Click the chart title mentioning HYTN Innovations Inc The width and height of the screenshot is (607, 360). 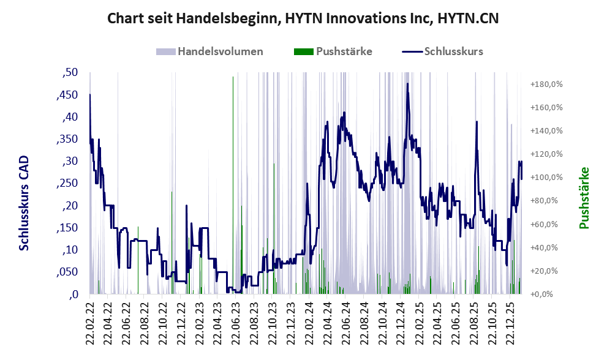coord(303,18)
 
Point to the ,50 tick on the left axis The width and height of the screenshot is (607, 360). coord(70,73)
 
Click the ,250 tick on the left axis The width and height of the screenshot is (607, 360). coord(68,184)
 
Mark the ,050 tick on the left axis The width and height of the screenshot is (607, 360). coord(68,272)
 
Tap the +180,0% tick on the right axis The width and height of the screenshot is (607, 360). coord(546,84)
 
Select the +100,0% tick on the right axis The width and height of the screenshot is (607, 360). coord(546,178)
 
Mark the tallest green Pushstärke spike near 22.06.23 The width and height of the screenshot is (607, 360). coord(233,77)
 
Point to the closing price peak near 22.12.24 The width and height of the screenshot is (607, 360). coord(407,84)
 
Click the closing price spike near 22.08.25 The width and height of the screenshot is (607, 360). coord(476,122)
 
